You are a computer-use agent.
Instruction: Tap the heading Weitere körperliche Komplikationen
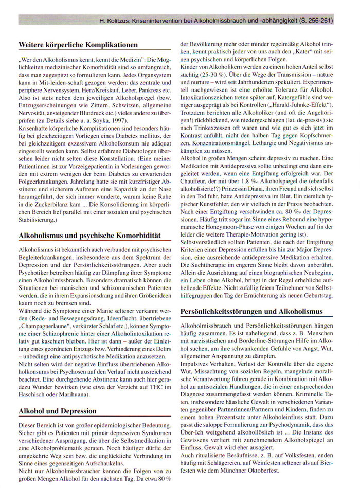click(78, 45)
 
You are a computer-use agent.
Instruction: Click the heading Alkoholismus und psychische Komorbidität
click(89, 236)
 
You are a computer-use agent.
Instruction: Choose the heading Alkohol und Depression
click(57, 411)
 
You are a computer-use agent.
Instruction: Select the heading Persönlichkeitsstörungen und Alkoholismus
click(251, 312)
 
